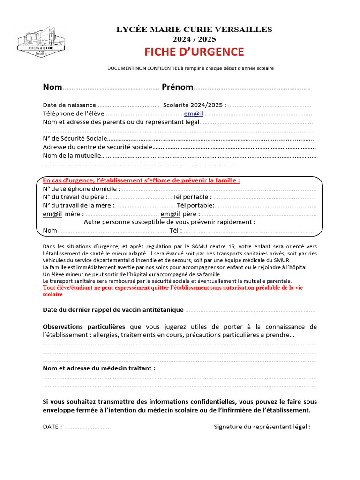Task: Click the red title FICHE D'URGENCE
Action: point(194,52)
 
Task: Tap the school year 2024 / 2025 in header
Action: point(194,39)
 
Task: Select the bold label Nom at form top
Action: point(52,87)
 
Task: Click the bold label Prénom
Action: point(177,87)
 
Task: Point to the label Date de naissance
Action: point(69,105)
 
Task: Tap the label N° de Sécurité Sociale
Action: point(75,138)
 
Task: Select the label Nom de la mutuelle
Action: point(72,155)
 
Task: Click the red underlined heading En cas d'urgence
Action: point(141,180)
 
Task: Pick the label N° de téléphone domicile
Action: point(82,188)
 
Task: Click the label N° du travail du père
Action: point(75,197)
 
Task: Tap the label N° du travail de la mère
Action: point(78,205)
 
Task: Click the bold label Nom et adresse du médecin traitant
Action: point(99,368)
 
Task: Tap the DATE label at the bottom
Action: point(52,427)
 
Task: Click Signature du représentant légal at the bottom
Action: point(262,427)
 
